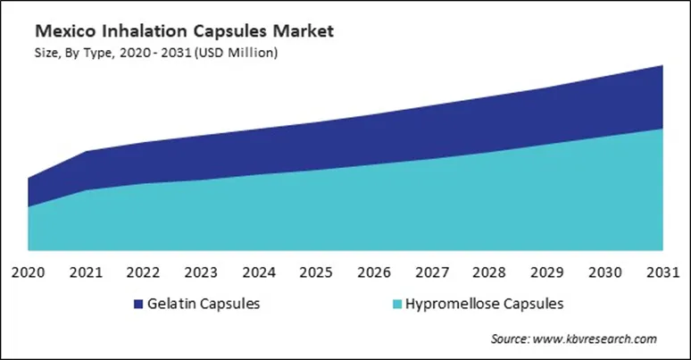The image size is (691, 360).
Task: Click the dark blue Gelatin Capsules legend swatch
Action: [137, 304]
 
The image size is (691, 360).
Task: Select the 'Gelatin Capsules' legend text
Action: [204, 304]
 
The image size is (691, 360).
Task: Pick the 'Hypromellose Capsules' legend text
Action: [483, 304]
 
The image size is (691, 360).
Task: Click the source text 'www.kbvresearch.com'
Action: [595, 339]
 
